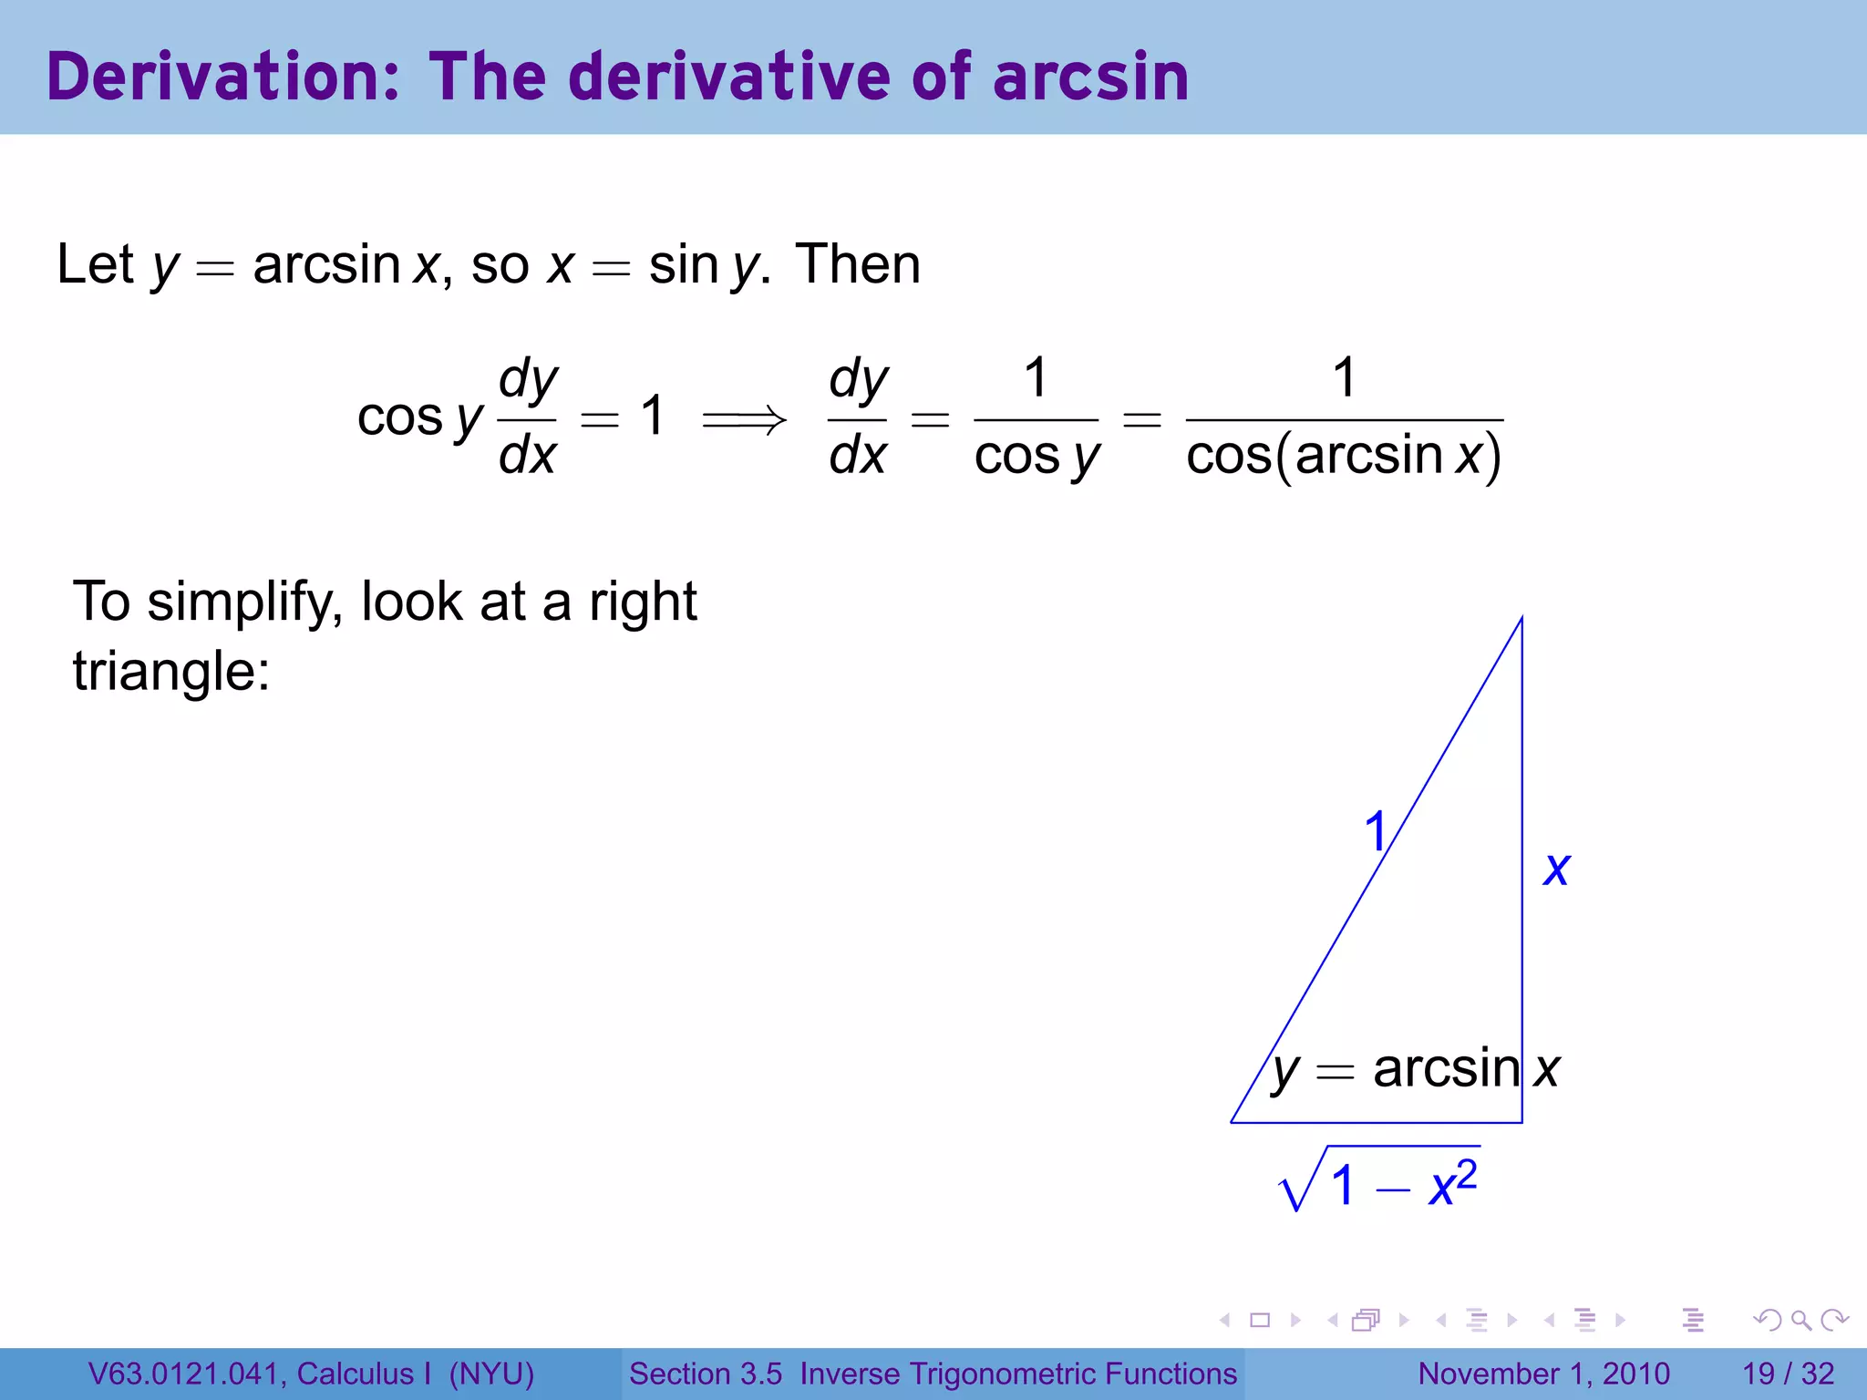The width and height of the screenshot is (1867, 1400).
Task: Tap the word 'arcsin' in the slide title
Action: (1090, 77)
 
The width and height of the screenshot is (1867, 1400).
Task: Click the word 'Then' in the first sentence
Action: (857, 265)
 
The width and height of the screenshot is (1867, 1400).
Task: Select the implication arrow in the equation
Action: (744, 420)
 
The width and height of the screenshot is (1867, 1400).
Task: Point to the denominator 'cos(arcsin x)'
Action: (1344, 456)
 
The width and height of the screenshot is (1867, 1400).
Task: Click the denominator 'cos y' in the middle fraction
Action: (1037, 457)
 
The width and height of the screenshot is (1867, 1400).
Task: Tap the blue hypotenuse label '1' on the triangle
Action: (1375, 832)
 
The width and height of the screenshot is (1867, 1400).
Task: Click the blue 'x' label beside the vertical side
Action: (1556, 868)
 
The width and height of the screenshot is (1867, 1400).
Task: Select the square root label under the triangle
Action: (1379, 1180)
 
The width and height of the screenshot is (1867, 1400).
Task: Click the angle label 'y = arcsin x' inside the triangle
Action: (1416, 1069)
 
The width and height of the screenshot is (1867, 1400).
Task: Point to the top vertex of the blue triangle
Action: (1521, 619)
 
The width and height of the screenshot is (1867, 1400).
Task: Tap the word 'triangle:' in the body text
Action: (171, 672)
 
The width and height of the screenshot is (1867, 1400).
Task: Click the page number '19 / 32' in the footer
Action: (1788, 1374)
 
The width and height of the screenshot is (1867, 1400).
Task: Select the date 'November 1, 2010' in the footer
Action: (1543, 1374)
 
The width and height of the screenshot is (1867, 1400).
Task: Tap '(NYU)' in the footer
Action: (491, 1374)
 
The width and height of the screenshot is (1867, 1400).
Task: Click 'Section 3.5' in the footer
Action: (705, 1374)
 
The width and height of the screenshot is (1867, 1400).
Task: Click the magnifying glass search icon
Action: (1800, 1320)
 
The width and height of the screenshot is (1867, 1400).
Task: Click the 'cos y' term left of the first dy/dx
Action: (419, 418)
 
